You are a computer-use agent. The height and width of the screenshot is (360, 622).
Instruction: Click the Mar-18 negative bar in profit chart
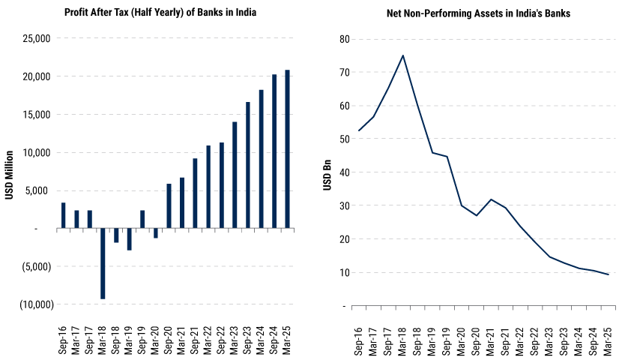click(x=103, y=263)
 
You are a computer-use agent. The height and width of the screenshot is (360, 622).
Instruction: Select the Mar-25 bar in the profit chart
click(x=288, y=149)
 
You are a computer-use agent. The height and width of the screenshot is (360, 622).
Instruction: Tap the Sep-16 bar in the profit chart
click(x=63, y=215)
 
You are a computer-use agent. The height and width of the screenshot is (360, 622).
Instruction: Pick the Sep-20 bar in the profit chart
click(x=169, y=205)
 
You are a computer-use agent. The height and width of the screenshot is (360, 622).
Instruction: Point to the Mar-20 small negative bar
click(x=156, y=232)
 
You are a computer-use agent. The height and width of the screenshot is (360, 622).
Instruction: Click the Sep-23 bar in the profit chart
click(x=248, y=165)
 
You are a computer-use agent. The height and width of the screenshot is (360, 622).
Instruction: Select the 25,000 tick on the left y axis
click(x=34, y=38)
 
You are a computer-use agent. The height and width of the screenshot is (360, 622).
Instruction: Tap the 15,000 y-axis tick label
click(x=34, y=115)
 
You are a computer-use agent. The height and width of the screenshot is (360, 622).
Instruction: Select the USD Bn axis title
click(x=327, y=172)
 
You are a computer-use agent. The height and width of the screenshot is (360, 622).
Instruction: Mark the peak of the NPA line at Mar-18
click(x=403, y=55)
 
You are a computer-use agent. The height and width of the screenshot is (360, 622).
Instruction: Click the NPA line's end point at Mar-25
click(x=609, y=274)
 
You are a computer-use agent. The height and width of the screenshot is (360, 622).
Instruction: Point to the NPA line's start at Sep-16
click(x=359, y=130)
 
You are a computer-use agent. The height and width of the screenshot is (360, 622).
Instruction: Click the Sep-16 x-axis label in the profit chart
click(x=63, y=334)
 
